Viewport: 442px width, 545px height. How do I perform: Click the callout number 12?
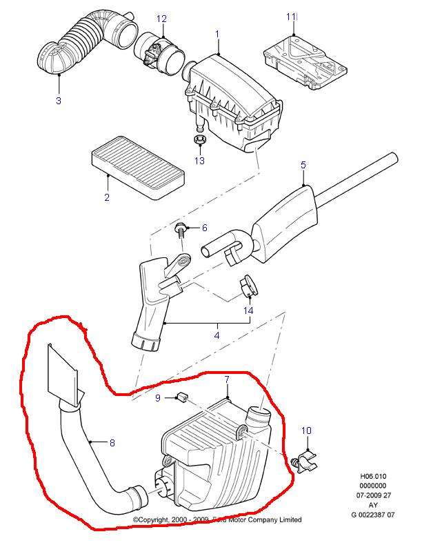click(x=161, y=19)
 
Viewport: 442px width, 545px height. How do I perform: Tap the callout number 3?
click(x=59, y=101)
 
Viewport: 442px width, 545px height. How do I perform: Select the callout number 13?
click(x=199, y=161)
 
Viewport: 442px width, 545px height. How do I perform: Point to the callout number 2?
click(x=107, y=197)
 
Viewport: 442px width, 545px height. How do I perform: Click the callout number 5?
click(x=303, y=165)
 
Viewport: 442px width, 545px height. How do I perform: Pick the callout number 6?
click(x=205, y=228)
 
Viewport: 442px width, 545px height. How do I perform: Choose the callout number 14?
click(x=248, y=310)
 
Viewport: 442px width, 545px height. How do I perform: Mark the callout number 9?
click(x=158, y=398)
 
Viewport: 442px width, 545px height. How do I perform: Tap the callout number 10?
click(x=306, y=431)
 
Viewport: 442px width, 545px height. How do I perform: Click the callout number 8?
click(x=112, y=443)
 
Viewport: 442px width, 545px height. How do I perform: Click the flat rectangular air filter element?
click(x=138, y=168)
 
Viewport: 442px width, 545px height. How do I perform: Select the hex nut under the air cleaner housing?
click(x=200, y=140)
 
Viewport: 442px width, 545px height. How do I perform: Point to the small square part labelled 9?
click(x=182, y=397)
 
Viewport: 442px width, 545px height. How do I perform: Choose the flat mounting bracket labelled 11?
click(x=305, y=62)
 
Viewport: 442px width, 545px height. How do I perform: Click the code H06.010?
click(x=373, y=476)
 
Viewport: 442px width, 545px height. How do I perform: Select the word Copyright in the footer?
click(x=151, y=520)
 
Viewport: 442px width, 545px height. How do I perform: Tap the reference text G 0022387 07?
click(x=373, y=515)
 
